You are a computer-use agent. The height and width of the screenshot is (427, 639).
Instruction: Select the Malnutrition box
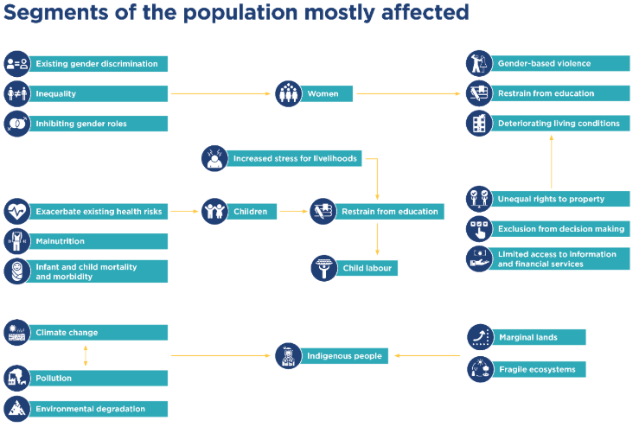[99, 241]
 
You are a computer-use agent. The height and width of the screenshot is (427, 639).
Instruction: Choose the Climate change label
[99, 333]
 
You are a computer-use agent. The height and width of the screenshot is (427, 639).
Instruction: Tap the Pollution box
[99, 379]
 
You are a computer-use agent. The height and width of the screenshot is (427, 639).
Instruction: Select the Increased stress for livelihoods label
[294, 159]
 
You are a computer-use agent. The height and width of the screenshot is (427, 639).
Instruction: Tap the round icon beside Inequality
[16, 93]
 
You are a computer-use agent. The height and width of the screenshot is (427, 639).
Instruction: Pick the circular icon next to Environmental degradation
[16, 409]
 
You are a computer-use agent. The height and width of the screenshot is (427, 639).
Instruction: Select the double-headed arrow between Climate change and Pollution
[85, 355]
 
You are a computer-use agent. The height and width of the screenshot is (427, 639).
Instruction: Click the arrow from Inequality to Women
[221, 93]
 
